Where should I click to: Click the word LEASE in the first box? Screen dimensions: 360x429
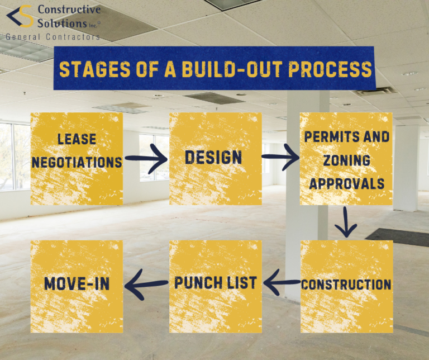(77, 139)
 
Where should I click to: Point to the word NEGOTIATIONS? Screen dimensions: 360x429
(77, 162)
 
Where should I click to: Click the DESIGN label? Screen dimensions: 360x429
(213, 158)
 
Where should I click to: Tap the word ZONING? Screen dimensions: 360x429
(346, 160)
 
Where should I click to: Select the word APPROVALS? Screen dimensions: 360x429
(346, 183)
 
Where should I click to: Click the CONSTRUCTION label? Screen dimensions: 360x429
(346, 285)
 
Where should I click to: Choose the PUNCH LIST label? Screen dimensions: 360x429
(216, 283)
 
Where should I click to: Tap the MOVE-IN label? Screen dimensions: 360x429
(77, 283)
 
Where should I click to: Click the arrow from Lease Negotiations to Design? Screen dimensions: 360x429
(146, 159)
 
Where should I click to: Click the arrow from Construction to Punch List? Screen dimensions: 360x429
(282, 284)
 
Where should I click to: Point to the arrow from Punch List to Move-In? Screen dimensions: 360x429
(146, 284)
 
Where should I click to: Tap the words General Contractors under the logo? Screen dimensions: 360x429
(53, 37)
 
